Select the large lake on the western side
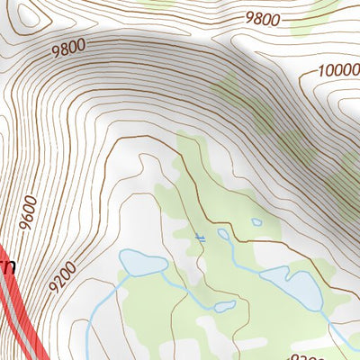click(x=142, y=264)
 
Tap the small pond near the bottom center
click(x=224, y=307)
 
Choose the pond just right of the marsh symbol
click(x=223, y=235)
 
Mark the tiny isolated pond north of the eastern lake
click(x=256, y=221)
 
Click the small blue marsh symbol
click(x=201, y=238)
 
